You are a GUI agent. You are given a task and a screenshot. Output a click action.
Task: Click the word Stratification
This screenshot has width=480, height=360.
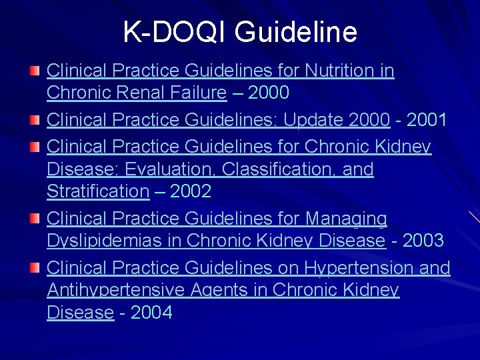(x=98, y=192)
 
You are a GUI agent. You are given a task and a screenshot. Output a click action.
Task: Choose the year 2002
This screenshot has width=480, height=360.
(x=191, y=192)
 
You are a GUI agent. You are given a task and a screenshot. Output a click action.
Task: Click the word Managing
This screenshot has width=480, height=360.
(x=346, y=219)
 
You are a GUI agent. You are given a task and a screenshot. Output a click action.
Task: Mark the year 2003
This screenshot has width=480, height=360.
(x=423, y=241)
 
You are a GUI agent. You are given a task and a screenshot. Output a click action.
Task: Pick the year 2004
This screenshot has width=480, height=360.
(x=151, y=313)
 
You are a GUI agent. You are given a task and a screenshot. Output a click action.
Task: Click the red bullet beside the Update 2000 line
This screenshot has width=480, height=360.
(x=33, y=121)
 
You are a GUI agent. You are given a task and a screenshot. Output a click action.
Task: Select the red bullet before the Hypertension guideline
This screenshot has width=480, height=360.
(x=33, y=268)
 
